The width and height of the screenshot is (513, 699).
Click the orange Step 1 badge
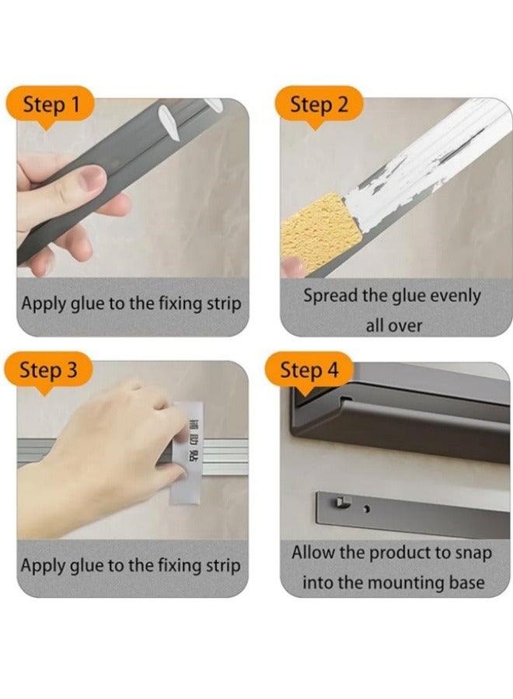point(50,106)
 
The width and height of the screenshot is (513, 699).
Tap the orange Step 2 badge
point(318,106)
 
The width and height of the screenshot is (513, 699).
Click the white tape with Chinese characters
point(187,453)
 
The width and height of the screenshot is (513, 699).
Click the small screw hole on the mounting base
point(367,509)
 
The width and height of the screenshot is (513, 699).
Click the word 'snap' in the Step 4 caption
point(473,553)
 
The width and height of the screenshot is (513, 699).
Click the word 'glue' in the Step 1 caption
point(87,304)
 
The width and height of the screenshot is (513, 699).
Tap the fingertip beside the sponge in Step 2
point(292,266)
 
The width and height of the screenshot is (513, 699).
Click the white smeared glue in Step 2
point(415,174)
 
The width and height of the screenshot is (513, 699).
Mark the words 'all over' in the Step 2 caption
point(393,325)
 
